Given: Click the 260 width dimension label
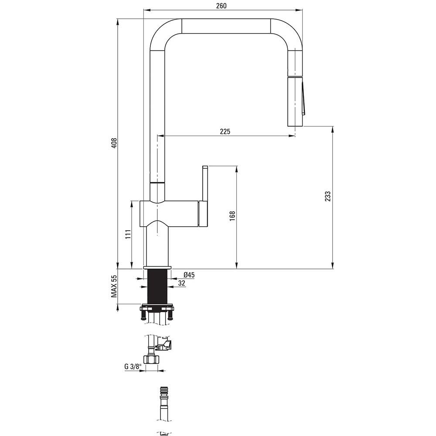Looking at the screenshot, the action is coord(221,6).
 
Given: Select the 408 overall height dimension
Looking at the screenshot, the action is coord(114,143).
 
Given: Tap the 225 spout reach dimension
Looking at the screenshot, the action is coord(225,131).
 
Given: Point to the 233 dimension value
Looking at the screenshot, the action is coord(328,196).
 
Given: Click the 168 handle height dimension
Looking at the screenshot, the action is coord(232,216).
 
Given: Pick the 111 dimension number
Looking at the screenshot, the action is coord(128,235).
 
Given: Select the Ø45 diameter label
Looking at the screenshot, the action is coord(189,275).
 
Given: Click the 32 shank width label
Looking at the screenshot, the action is coord(181,283).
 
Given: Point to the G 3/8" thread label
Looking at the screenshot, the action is coord(133,367).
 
